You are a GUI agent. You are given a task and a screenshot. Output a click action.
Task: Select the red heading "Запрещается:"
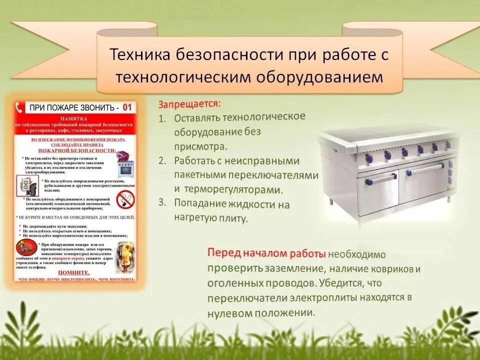coord(189,104)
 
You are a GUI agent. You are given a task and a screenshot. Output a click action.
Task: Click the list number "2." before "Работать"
coord(162,161)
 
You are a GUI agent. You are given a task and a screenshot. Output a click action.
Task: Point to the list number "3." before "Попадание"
coord(162,202)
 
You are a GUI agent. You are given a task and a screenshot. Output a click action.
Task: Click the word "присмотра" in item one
coord(200,147)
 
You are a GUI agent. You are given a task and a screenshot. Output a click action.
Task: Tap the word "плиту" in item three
coord(232,218)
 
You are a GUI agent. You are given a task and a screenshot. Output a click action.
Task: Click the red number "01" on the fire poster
coord(127,107)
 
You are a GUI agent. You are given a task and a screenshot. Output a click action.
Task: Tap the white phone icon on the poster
coord(20,107)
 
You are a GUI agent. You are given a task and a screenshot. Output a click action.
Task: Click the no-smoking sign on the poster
coord(125,199)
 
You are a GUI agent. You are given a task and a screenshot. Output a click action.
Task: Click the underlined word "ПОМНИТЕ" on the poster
coord(73,272)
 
